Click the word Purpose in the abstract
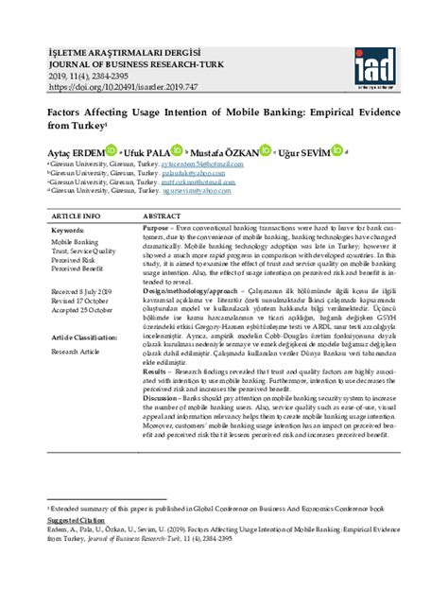[157, 230]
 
